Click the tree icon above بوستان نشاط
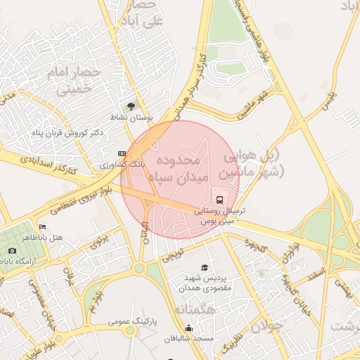[129, 106]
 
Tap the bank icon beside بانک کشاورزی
[122, 153]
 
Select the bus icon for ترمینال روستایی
[219, 199]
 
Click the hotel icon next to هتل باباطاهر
[43, 227]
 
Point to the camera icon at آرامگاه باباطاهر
[12, 250]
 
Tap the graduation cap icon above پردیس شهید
[205, 267]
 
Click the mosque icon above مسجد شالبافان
[188, 328]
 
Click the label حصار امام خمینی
[74, 80]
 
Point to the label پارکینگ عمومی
[132, 321]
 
